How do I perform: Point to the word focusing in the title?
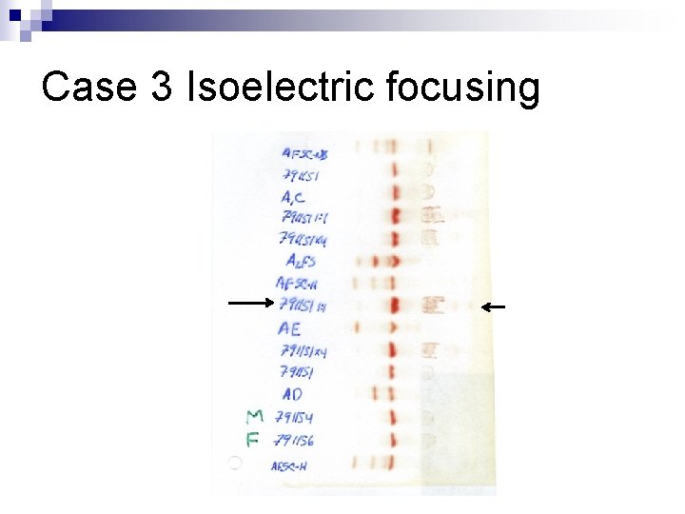point(463,89)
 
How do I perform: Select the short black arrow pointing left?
point(493,306)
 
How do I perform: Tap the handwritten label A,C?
point(294,196)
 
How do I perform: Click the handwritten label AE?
point(290,328)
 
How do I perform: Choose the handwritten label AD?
point(292,394)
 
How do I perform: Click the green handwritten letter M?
point(254,416)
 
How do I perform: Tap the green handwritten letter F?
point(253,439)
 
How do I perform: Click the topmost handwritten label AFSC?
point(304,153)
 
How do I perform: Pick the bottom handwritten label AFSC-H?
point(289,466)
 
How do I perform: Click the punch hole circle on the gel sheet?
point(235,464)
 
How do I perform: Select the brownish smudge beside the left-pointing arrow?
point(433,306)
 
